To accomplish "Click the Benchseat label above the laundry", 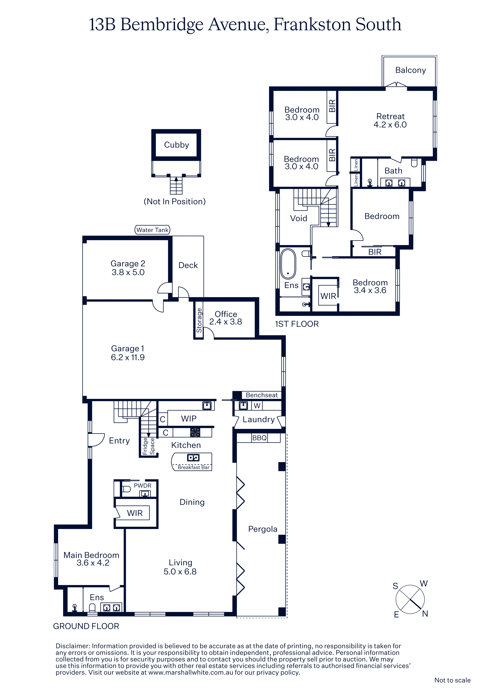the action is tap(262, 395).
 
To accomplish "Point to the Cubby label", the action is tap(176, 145).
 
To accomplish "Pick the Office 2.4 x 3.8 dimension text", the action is tap(226, 322).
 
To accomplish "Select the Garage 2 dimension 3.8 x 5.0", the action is tap(128, 272).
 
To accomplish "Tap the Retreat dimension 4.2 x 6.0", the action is tap(390, 124).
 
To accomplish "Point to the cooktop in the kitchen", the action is tap(195, 432).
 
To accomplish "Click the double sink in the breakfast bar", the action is tap(193, 458).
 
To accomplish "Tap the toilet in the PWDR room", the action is tap(126, 489).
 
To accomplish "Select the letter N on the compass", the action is tap(425, 614).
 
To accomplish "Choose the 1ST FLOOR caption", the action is tap(297, 324).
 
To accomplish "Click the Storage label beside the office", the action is tap(199, 320).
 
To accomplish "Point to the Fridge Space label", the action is tap(148, 446).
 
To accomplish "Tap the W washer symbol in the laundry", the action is tap(257, 406).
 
